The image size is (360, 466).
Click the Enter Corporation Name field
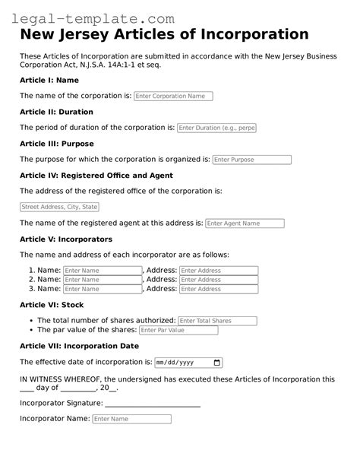click(173, 97)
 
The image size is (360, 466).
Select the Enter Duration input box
click(216, 128)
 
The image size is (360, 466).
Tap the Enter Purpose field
click(251, 160)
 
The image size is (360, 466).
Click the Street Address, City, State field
click(59, 207)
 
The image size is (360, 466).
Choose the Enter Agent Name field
click(245, 223)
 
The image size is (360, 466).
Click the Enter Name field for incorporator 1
click(103, 271)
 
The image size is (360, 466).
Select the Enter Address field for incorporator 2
click(219, 280)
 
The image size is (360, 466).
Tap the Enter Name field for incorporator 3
click(103, 289)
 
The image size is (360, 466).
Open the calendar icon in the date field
click(218, 363)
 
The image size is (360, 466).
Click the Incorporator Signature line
click(153, 405)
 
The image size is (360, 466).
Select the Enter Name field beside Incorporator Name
click(131, 419)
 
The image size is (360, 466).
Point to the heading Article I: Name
click(49, 80)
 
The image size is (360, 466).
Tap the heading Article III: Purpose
click(56, 144)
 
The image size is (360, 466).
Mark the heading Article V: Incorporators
click(66, 239)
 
